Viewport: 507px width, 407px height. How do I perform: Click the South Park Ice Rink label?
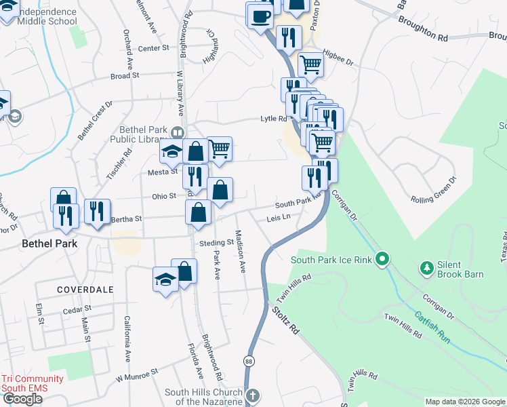[333, 259]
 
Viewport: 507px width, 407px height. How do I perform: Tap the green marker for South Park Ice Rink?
[382, 258]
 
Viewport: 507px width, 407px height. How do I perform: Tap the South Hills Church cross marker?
[252, 395]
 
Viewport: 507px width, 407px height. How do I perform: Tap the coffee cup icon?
[260, 15]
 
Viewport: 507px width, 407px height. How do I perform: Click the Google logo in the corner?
[22, 399]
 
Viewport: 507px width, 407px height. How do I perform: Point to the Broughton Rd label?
[424, 39]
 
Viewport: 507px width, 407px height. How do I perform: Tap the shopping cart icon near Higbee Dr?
[310, 64]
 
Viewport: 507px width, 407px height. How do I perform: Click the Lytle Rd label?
[275, 119]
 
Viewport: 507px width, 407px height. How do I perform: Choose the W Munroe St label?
[136, 374]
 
